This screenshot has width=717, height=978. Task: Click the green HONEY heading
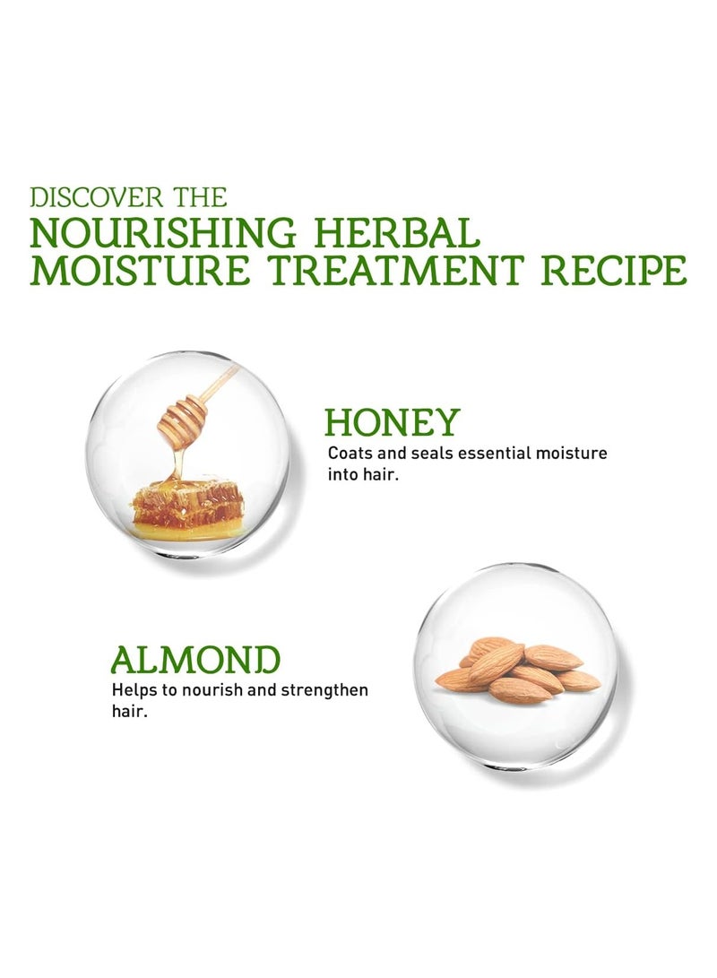pos(392,421)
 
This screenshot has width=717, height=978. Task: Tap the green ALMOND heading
pos(195,659)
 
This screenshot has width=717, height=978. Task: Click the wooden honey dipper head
pos(181,415)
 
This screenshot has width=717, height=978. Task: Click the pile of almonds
pos(518,668)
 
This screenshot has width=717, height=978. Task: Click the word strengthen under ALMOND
pos(325,691)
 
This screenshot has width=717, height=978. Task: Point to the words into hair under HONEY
pos(362,475)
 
